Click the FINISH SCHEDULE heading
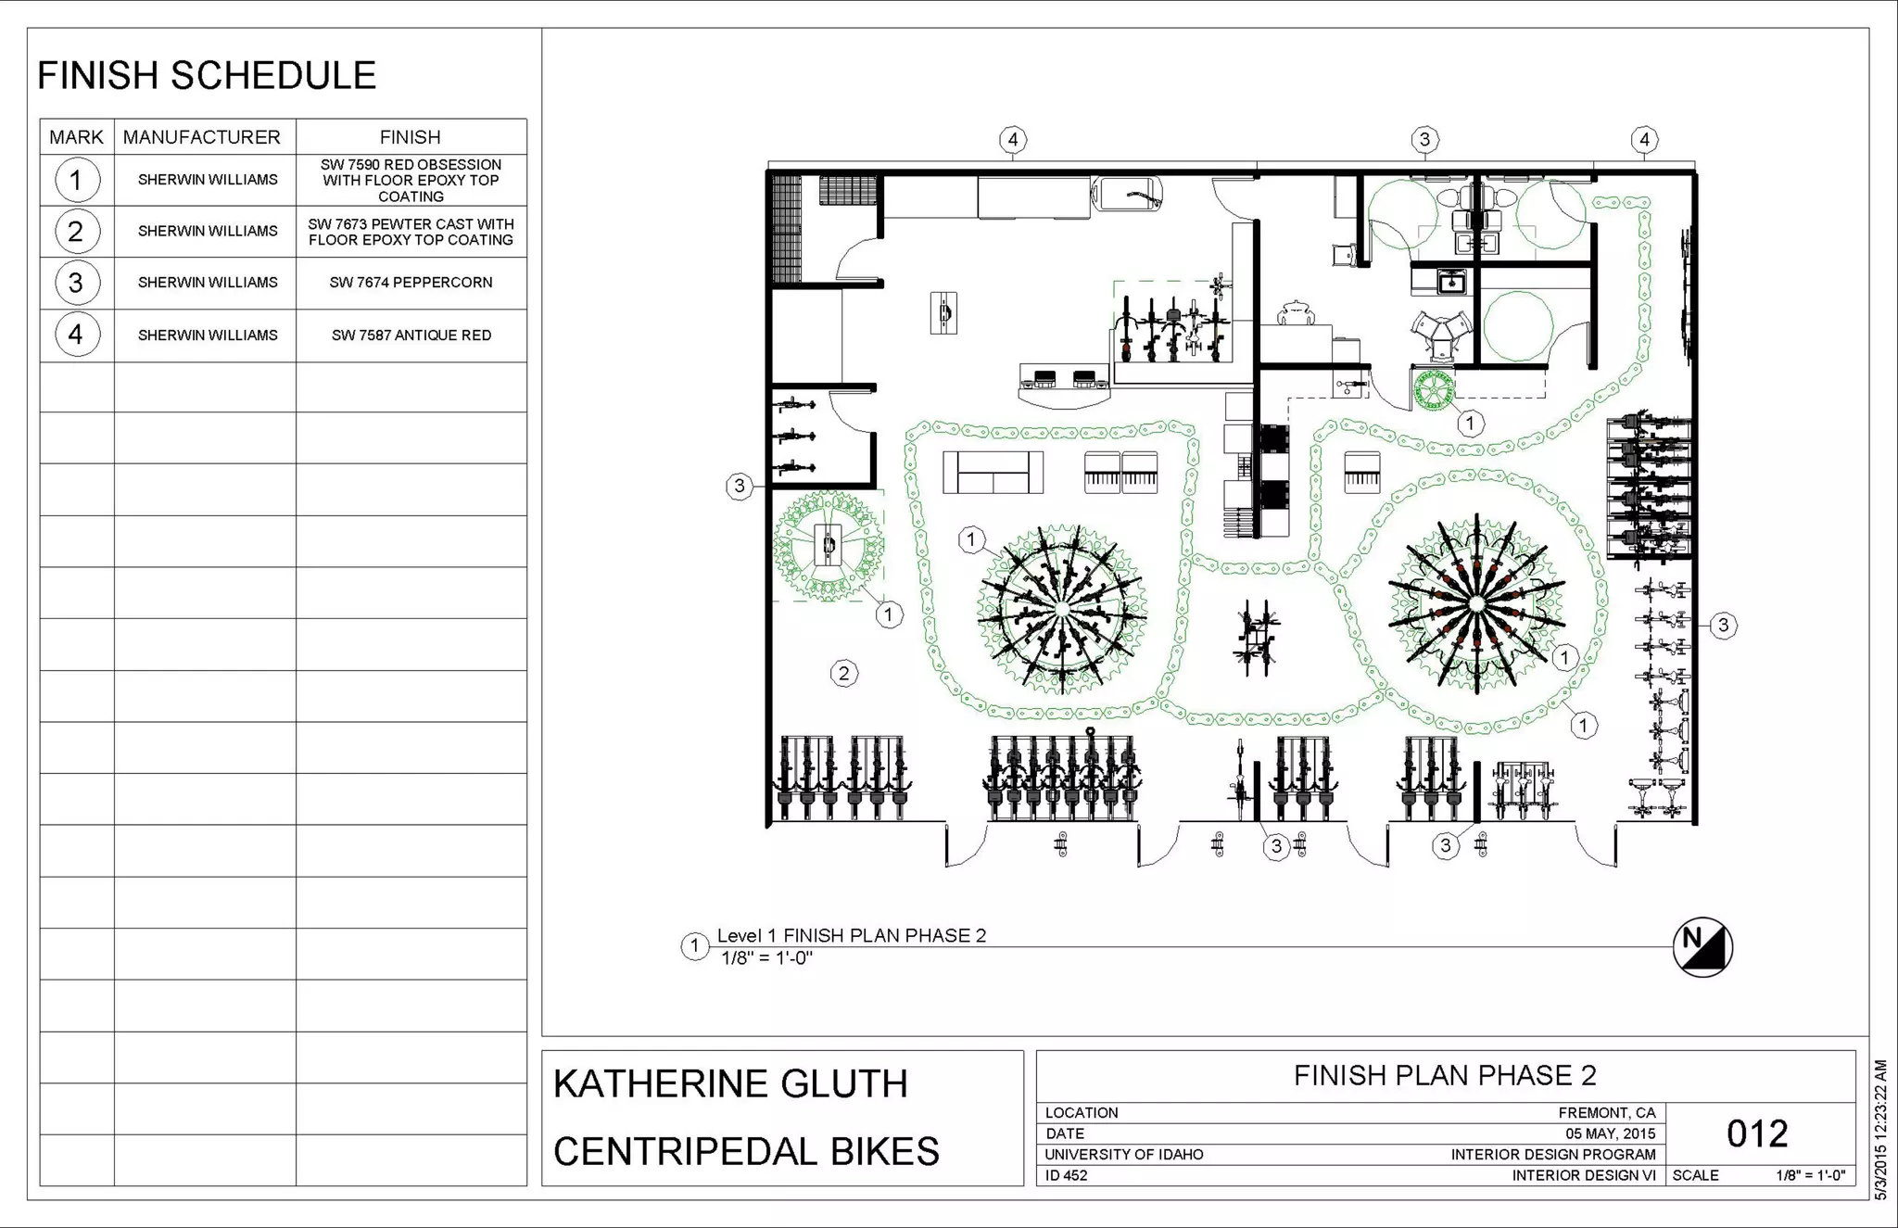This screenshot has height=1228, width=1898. tap(207, 76)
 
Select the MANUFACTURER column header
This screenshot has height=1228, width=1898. tap(201, 137)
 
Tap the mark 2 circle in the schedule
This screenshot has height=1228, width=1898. tap(76, 231)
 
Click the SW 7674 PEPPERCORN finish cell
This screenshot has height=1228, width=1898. tap(411, 283)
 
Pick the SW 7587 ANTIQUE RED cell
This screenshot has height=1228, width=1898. tap(411, 335)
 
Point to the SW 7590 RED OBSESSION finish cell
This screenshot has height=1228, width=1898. tap(411, 180)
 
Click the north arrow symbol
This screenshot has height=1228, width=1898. tap(1702, 946)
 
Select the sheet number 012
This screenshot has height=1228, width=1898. tap(1757, 1133)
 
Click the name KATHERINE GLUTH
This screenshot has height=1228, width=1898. tap(730, 1083)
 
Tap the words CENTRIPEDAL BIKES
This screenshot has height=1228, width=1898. tap(746, 1151)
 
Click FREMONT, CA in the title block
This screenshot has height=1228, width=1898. tap(1606, 1113)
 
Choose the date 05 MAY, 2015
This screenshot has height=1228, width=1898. tap(1610, 1133)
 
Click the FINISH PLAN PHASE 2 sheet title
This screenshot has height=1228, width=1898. tap(1445, 1075)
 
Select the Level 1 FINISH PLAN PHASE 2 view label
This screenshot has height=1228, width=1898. tap(851, 935)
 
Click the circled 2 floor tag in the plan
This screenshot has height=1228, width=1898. tap(843, 673)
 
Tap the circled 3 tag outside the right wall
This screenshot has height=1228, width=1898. tap(1723, 626)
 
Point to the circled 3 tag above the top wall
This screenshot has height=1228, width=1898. tap(1424, 140)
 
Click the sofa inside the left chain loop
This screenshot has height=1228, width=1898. tap(993, 472)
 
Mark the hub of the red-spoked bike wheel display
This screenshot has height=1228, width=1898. tap(1476, 604)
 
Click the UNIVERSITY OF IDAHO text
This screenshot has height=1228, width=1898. tap(1123, 1155)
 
